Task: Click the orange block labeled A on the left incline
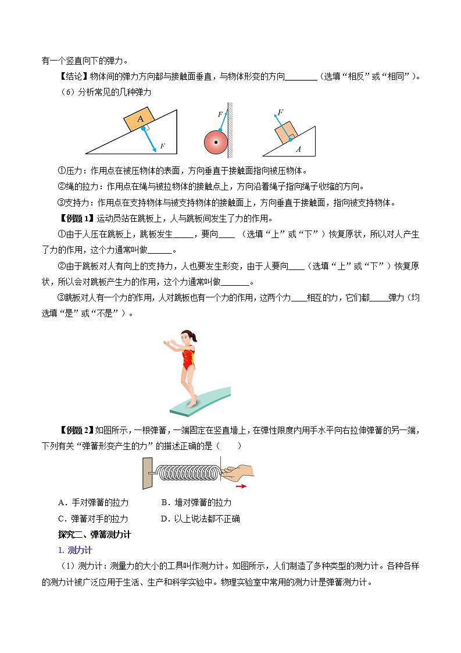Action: [140, 119]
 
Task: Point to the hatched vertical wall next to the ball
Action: [230, 130]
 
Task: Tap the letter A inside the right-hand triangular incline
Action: [298, 150]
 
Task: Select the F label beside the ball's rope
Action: [220, 115]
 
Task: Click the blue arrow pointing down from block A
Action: [149, 140]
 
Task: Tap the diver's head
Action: [187, 337]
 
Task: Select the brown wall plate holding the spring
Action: [147, 473]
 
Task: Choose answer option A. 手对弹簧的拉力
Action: [94, 502]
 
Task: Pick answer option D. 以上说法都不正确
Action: [200, 519]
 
